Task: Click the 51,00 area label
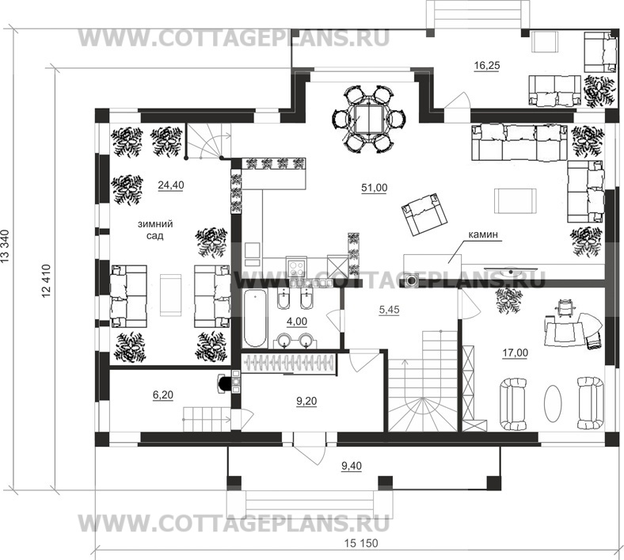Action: (x=374, y=188)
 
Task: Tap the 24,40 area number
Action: (x=171, y=185)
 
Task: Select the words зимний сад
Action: (x=155, y=230)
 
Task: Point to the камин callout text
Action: (x=483, y=234)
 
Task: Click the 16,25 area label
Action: (x=487, y=66)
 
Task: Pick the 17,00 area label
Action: (x=516, y=352)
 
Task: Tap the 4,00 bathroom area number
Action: (x=297, y=322)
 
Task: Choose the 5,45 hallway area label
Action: (x=389, y=310)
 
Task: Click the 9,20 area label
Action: (x=306, y=402)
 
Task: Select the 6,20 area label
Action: (x=163, y=394)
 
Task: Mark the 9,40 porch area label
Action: (x=352, y=466)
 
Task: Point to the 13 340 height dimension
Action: (x=6, y=247)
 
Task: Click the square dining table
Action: (x=370, y=119)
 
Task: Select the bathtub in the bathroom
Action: (x=255, y=318)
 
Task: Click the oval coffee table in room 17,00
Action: (x=553, y=403)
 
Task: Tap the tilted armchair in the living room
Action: (x=424, y=213)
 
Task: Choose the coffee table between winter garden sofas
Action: (x=171, y=295)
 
